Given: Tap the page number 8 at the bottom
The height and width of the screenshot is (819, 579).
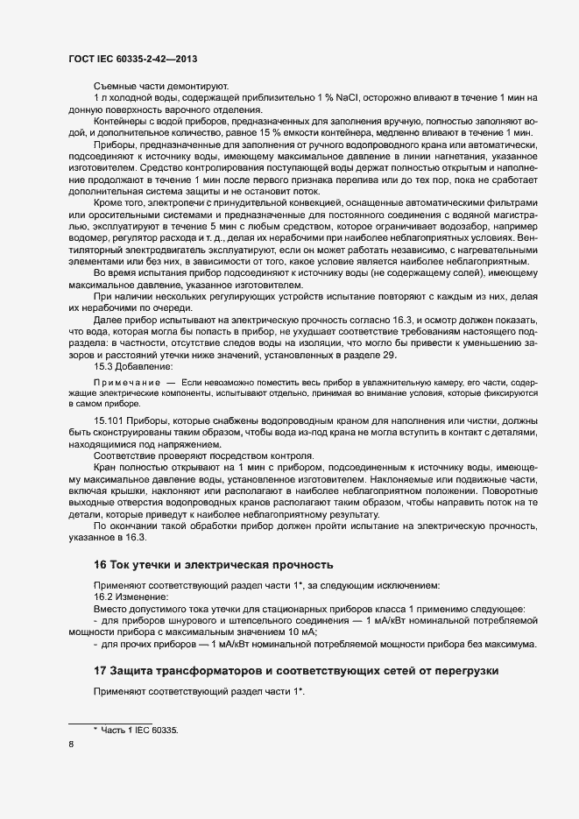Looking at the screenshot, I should click(71, 745).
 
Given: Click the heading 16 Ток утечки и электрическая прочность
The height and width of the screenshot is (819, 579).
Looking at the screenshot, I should click(213, 563).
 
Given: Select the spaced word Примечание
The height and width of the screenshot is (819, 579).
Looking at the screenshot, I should click(126, 384).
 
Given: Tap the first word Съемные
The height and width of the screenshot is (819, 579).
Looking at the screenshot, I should click(115, 86).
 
